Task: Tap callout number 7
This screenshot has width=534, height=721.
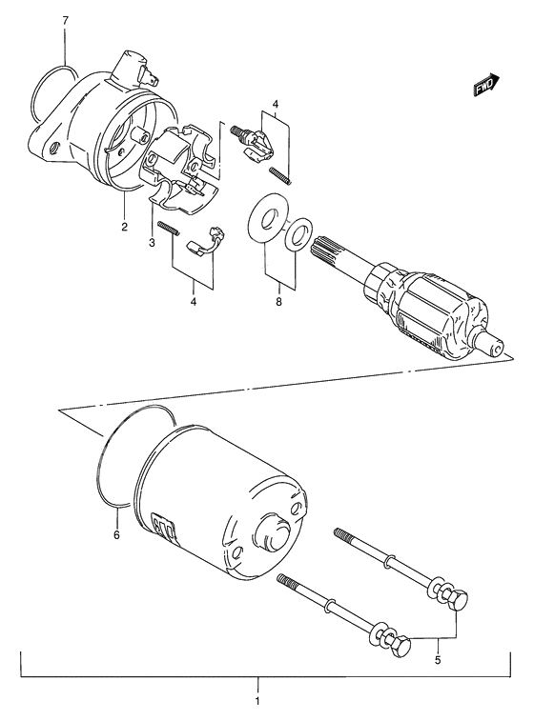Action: pos(65,21)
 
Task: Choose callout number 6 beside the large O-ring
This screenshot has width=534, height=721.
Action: pos(116,535)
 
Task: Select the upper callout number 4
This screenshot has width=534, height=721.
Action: pos(274,103)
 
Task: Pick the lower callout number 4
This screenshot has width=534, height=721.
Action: pos(194,304)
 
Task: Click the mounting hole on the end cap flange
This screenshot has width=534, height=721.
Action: pos(55,147)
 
